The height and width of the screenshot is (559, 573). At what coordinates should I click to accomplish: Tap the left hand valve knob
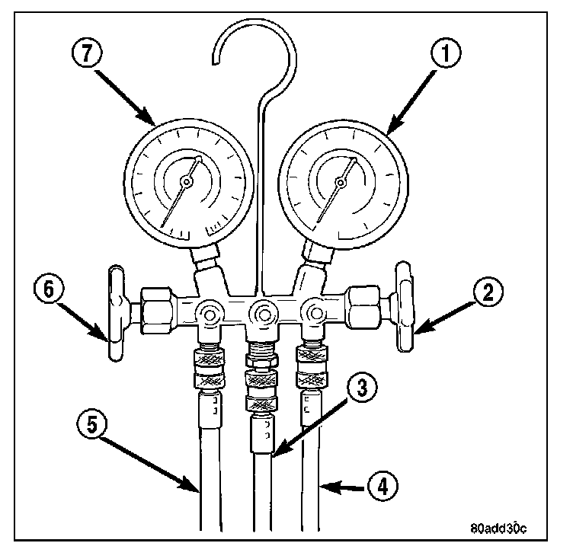click(x=115, y=313)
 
